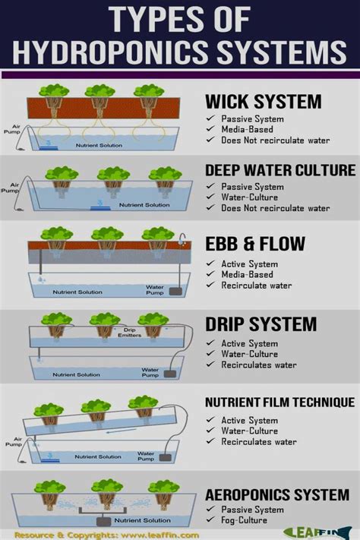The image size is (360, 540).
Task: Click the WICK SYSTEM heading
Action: click(263, 102)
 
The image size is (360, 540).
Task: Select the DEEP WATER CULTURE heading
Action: click(279, 170)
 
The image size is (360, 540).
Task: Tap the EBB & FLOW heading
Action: click(255, 244)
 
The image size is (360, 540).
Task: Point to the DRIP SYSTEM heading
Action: click(261, 324)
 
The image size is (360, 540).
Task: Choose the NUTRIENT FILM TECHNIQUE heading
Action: click(279, 402)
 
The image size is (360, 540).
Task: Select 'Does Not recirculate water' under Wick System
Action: click(276, 140)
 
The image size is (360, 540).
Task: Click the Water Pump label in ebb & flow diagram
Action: click(155, 290)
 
